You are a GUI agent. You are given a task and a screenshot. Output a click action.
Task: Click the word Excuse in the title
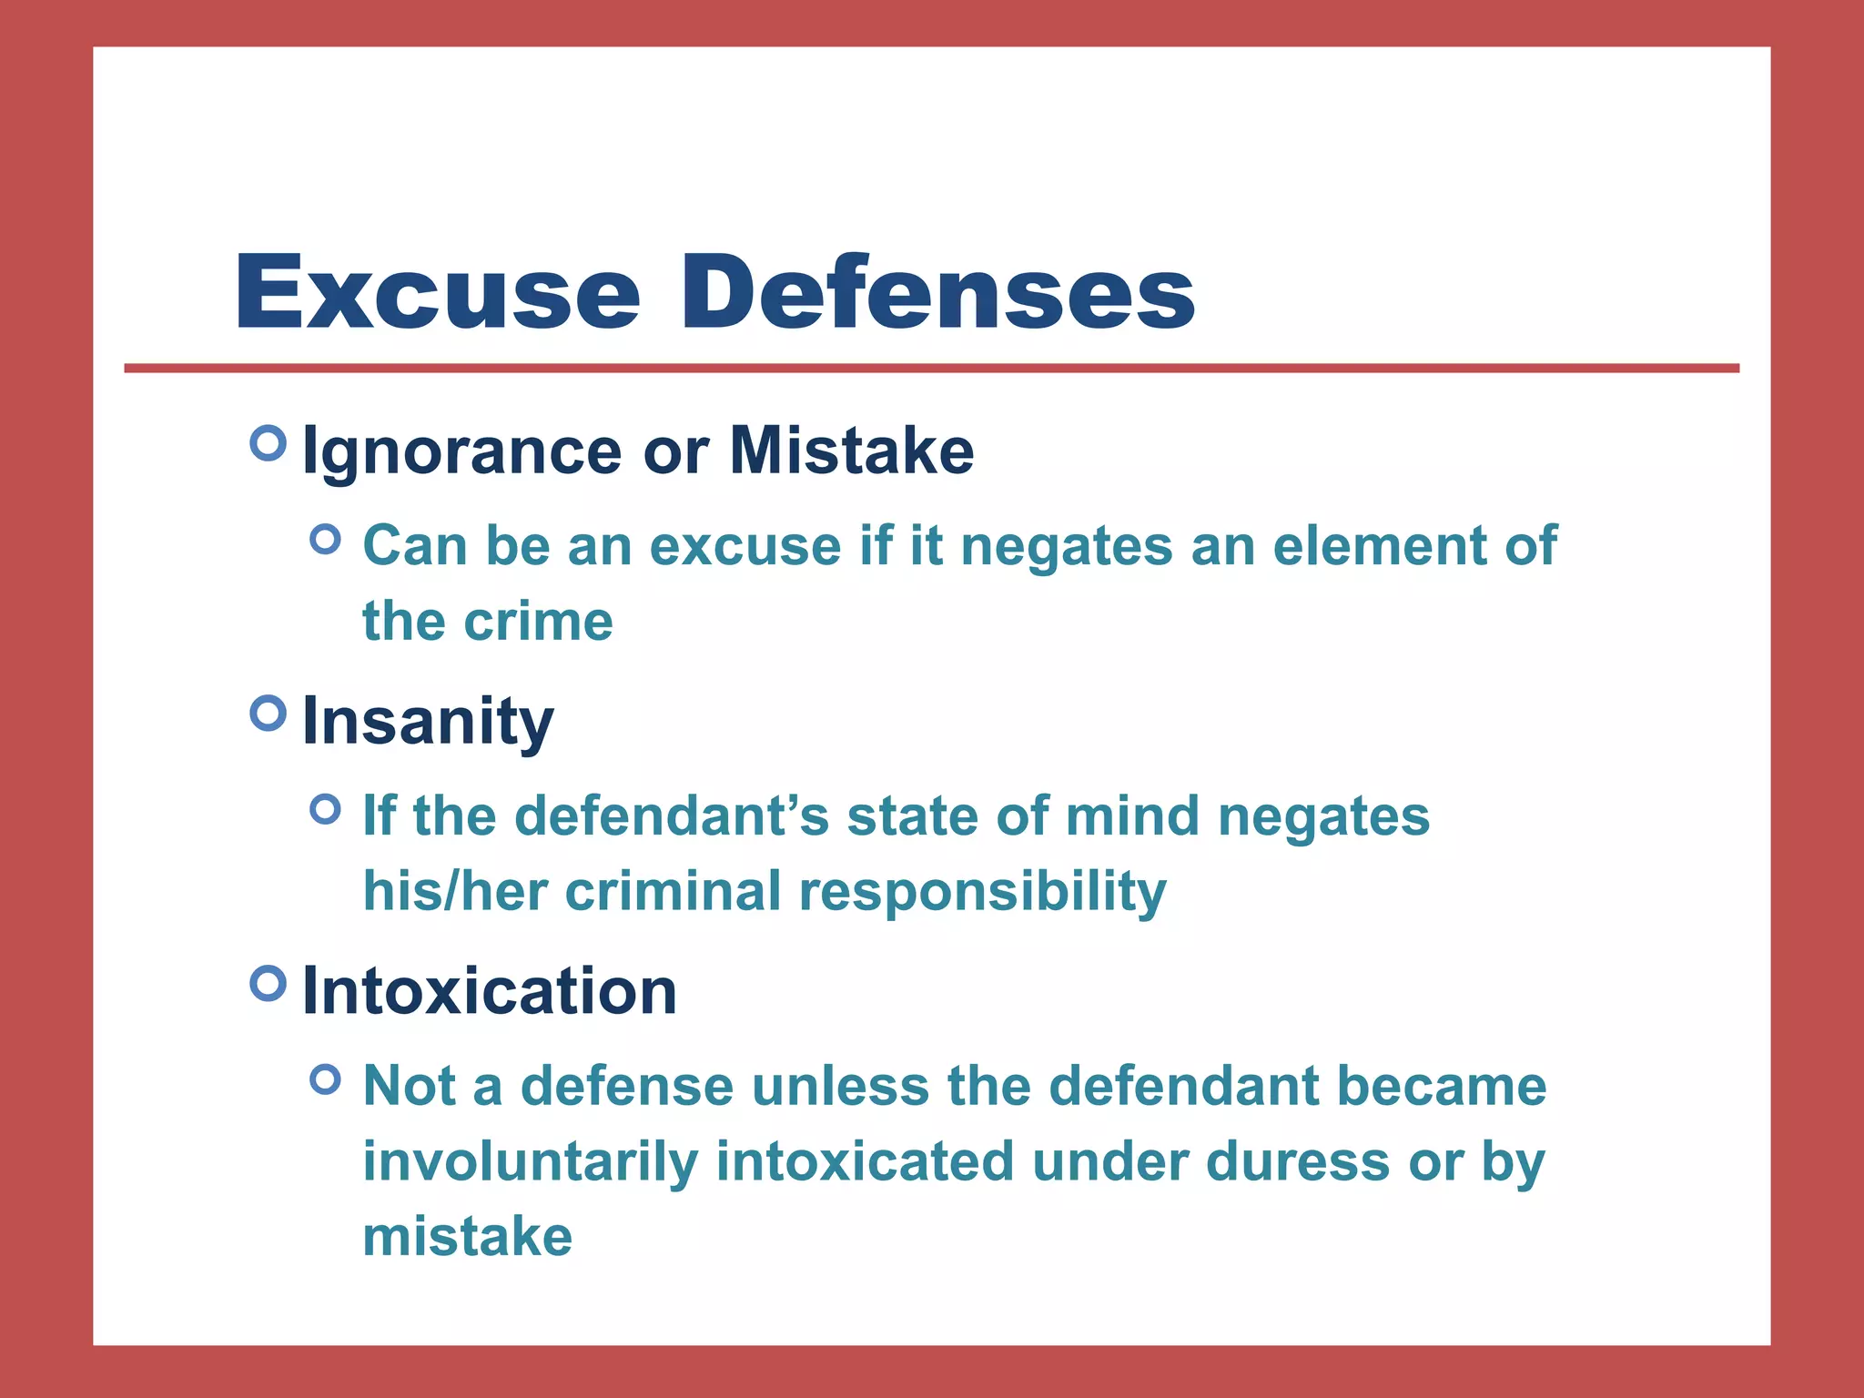438,293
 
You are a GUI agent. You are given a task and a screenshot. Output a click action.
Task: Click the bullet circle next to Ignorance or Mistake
268,443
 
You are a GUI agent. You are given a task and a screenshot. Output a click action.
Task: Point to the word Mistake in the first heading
851,451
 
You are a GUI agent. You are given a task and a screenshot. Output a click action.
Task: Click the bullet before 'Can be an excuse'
325,540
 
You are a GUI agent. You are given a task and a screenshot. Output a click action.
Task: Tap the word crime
538,622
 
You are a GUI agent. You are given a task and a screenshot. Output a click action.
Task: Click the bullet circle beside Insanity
268,713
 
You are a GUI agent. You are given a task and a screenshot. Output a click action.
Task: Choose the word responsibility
982,892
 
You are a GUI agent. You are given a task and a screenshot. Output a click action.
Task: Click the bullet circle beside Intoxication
268,983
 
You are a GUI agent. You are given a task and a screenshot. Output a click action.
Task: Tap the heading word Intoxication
489,991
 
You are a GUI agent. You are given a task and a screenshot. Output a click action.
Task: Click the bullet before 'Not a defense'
325,1080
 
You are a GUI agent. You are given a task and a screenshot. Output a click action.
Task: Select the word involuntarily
530,1162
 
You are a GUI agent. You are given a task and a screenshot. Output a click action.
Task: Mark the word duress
1297,1162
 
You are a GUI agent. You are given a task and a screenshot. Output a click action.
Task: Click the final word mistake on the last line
467,1237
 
